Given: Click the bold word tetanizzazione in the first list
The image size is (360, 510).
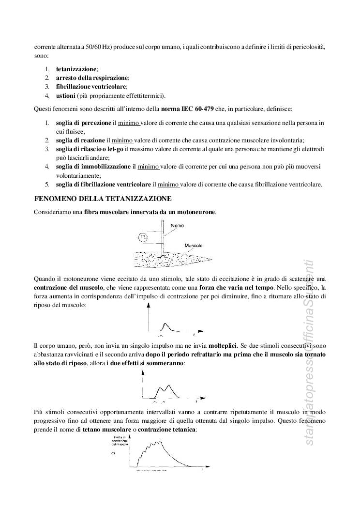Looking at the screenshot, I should tap(76, 69).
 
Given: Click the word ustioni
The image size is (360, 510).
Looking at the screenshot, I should tap(65, 95).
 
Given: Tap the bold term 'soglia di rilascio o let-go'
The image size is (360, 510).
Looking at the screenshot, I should tap(90, 149).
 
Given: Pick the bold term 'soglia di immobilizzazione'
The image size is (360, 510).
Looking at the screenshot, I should tap(93, 166).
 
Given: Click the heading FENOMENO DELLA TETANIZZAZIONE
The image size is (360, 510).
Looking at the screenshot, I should tap(102, 199).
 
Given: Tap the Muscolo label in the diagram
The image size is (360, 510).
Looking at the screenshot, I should tap(194, 246).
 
